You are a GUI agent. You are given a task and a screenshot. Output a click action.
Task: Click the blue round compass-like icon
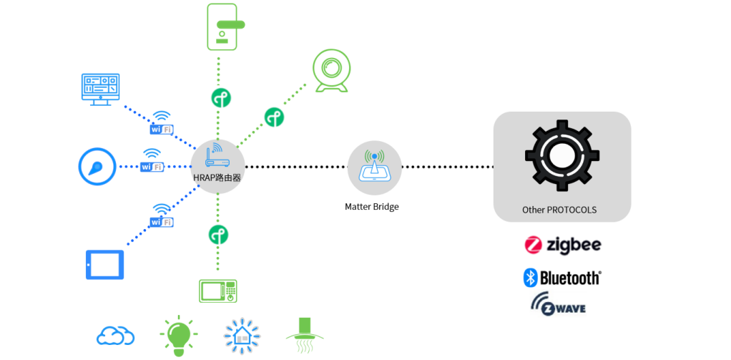(x=97, y=167)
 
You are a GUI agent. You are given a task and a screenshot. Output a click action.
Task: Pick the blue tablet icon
(x=104, y=264)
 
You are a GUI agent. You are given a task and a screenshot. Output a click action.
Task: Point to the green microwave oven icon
(x=217, y=291)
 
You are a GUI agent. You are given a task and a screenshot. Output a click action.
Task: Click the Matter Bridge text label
(x=371, y=207)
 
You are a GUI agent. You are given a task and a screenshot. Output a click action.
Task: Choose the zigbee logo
(x=563, y=245)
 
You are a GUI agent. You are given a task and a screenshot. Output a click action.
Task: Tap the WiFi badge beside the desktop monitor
(x=162, y=124)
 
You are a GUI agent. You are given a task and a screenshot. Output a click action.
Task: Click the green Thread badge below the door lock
(x=220, y=97)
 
